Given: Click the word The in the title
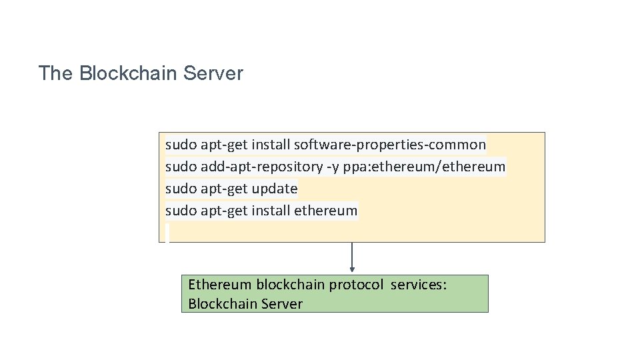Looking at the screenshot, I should click(55, 73).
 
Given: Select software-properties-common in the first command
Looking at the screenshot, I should click(390, 144).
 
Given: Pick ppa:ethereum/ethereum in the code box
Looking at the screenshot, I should click(425, 166).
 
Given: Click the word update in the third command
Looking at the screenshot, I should click(275, 189).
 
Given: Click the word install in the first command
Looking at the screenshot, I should click(271, 144).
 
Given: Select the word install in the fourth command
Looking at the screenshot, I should click(271, 211).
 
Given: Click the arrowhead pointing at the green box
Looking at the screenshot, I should click(352, 270).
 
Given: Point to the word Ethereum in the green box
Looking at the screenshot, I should click(220, 285).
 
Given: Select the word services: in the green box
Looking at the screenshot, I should click(419, 285).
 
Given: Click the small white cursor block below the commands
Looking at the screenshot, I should click(167, 233).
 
